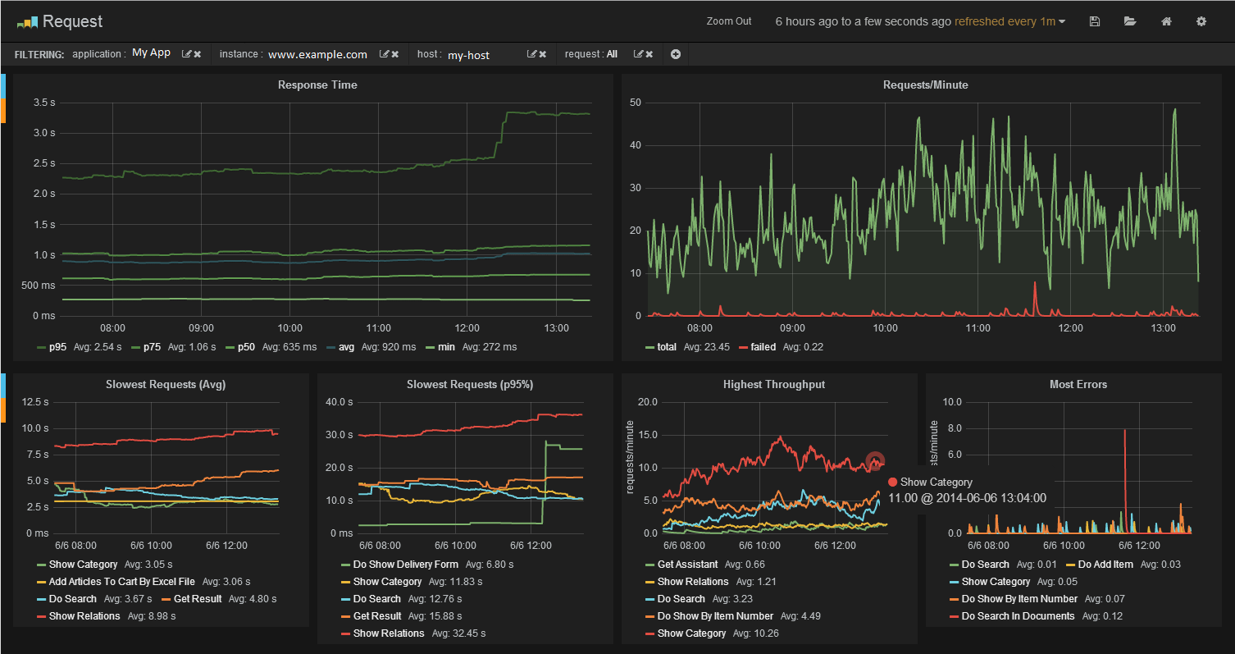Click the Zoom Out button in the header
coord(729,21)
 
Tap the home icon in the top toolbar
coord(1166,21)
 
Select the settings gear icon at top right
coord(1201,21)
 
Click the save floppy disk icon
coord(1095,21)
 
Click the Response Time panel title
coord(317,85)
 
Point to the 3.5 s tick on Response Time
coord(44,103)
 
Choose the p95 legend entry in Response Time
coord(57,347)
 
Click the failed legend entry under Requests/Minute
coord(763,347)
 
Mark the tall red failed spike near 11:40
coord(1035,298)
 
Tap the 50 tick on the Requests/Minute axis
coord(636,103)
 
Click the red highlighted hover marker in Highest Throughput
coord(875,461)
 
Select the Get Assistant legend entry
coord(687,565)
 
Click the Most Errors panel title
coord(1078,385)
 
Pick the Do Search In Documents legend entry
coord(1018,616)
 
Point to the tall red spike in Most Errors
coord(1125,480)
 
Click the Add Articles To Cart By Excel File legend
coord(121,582)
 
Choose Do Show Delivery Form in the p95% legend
coord(405,565)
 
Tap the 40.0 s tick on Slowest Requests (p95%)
coord(339,402)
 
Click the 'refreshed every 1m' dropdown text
coord(1005,21)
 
